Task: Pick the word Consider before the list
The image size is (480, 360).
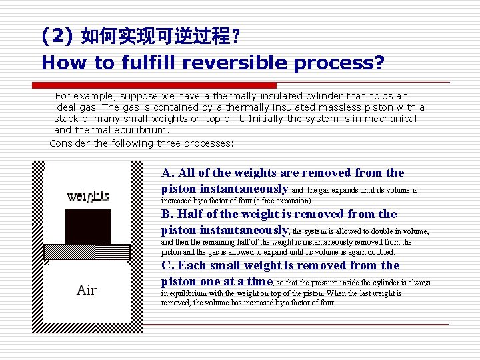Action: pos(70,143)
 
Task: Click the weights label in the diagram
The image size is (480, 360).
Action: pos(88,196)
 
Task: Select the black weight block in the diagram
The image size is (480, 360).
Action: pos(87,227)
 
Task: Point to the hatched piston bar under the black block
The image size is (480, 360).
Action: pos(88,251)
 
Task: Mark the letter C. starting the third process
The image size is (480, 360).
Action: pos(168,265)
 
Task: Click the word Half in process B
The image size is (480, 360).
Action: pos(190,214)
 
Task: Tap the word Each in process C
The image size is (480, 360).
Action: pos(192,265)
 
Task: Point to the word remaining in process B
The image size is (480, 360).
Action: pos(210,242)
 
